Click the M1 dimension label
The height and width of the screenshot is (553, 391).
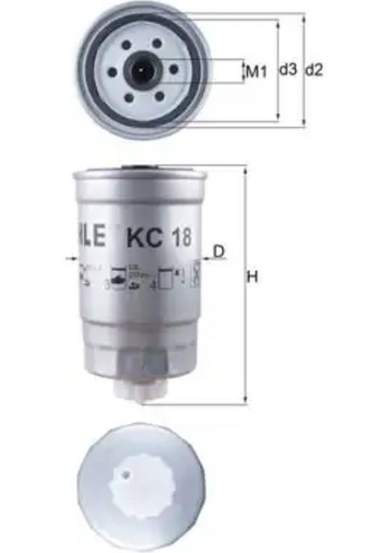pyautogui.click(x=255, y=69)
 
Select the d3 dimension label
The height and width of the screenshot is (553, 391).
pyautogui.click(x=287, y=69)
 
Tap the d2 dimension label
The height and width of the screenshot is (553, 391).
pyautogui.click(x=314, y=69)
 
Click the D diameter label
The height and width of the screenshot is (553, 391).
pyautogui.click(x=219, y=251)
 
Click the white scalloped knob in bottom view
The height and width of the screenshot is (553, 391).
pyautogui.click(x=139, y=488)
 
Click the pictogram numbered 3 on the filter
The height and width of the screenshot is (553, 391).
pyautogui.click(x=119, y=274)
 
